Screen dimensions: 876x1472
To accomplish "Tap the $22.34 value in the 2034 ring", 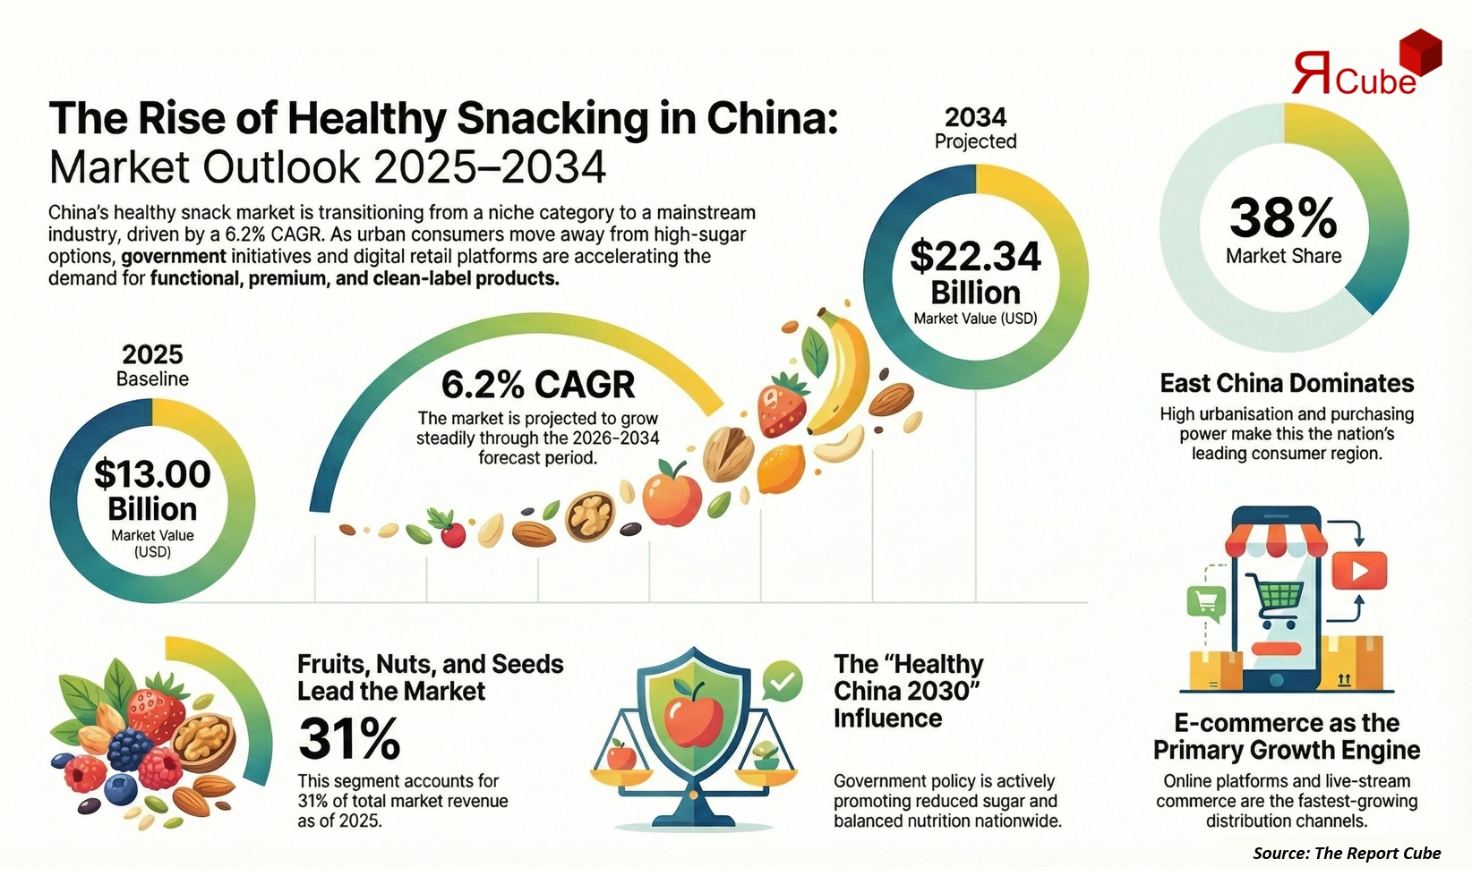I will [975, 257].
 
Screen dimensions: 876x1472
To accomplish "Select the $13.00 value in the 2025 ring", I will [152, 474].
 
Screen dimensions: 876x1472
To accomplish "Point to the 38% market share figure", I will [1283, 217].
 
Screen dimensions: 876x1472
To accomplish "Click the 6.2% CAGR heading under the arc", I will [537, 385].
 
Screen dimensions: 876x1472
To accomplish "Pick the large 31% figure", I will [349, 739].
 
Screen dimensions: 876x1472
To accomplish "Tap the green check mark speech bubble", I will [783, 682].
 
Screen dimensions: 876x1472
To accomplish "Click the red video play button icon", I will [1358, 571].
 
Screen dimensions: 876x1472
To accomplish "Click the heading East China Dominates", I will [1287, 383].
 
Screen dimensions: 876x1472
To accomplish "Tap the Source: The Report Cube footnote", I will [1347, 853].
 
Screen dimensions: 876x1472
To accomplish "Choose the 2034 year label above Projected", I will [975, 117].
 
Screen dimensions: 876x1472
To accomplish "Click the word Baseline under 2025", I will [152, 378].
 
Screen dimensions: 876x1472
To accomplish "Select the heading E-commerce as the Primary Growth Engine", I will [1287, 736].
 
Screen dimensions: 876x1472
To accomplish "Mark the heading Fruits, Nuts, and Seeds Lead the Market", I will [430, 677].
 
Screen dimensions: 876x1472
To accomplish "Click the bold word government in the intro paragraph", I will [174, 257].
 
